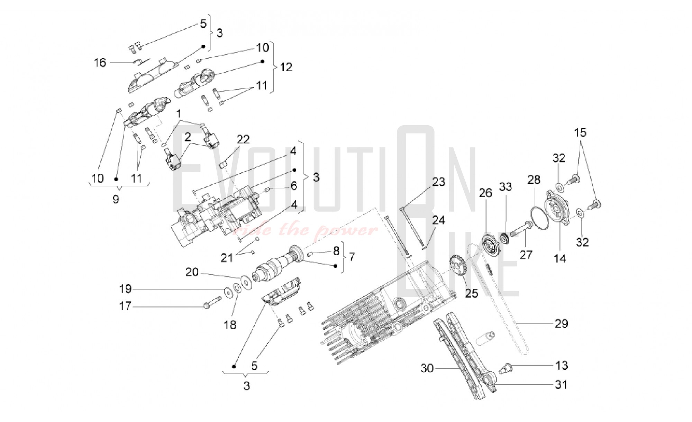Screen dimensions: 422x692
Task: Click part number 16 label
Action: pyautogui.click(x=100, y=63)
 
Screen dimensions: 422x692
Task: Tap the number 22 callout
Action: pyautogui.click(x=243, y=139)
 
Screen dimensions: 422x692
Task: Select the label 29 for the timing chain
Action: pyautogui.click(x=561, y=324)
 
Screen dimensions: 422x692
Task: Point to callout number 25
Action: pyautogui.click(x=471, y=293)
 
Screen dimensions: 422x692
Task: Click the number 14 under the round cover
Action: pyautogui.click(x=560, y=258)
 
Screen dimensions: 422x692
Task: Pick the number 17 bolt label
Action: pyautogui.click(x=125, y=306)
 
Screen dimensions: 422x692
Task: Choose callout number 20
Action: pyautogui.click(x=192, y=272)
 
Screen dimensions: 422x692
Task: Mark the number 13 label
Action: pyautogui.click(x=562, y=365)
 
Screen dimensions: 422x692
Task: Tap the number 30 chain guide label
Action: pyautogui.click(x=427, y=368)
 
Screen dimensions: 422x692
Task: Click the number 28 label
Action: pyautogui.click(x=534, y=180)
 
